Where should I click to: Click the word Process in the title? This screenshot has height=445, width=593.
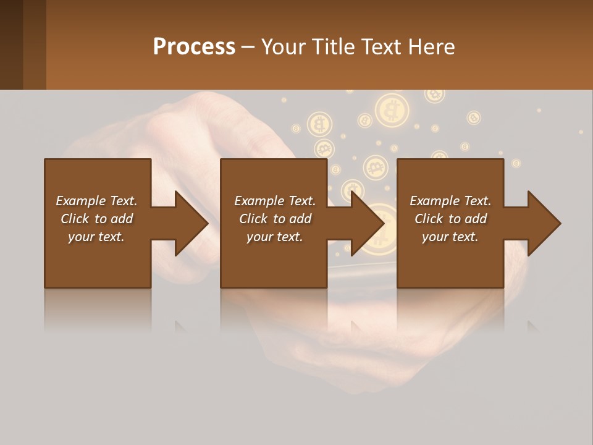(194, 47)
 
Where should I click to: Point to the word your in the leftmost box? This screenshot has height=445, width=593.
(80, 237)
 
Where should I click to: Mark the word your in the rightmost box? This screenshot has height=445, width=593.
(435, 237)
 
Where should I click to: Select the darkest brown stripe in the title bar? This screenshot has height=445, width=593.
(11, 44)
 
